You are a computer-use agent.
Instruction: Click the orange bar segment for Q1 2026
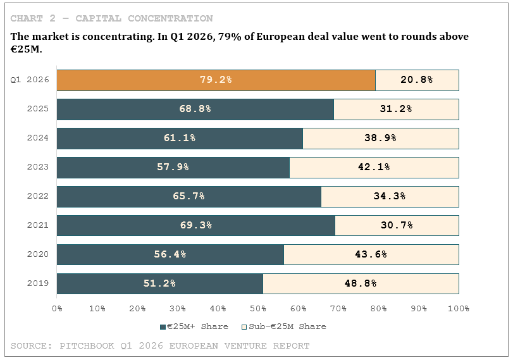click(x=216, y=80)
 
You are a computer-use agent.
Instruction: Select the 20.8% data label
click(x=416, y=80)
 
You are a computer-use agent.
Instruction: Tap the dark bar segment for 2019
click(x=160, y=283)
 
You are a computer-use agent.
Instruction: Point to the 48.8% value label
click(x=361, y=283)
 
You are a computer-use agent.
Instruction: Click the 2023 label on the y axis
click(x=37, y=167)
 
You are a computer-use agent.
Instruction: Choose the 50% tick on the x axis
click(x=258, y=309)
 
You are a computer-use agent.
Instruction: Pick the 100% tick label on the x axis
click(x=459, y=309)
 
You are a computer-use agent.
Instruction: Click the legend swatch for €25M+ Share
click(x=163, y=327)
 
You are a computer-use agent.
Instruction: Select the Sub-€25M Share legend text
click(x=287, y=326)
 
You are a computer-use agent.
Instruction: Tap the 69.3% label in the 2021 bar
click(x=196, y=225)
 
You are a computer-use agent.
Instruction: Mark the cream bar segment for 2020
click(x=371, y=254)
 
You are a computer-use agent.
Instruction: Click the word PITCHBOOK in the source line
click(x=87, y=346)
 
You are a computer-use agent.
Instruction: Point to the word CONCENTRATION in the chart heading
click(x=170, y=18)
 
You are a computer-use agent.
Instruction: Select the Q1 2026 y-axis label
click(x=30, y=80)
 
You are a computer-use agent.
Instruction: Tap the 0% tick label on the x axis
click(x=57, y=309)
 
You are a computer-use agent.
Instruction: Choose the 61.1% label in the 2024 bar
click(x=180, y=138)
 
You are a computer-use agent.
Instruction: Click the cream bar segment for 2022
click(x=390, y=197)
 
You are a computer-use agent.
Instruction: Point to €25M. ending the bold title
click(x=26, y=49)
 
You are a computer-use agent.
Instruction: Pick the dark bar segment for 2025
click(x=195, y=109)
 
